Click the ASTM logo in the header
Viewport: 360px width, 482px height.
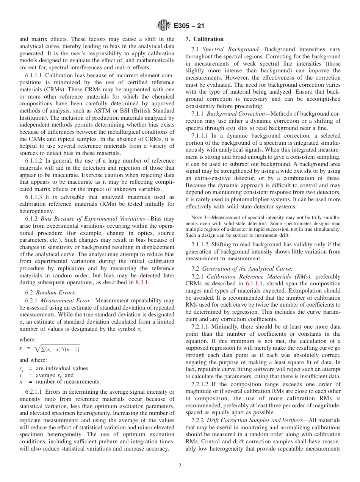pos(164,26)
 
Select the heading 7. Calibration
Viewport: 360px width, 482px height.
pos(204,39)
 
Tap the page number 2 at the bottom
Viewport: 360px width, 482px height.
pos(180,466)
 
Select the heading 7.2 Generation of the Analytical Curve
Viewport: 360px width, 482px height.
pos(242,268)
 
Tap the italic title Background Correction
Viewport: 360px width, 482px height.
pos(235,114)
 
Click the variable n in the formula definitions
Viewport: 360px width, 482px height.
pos(21,382)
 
